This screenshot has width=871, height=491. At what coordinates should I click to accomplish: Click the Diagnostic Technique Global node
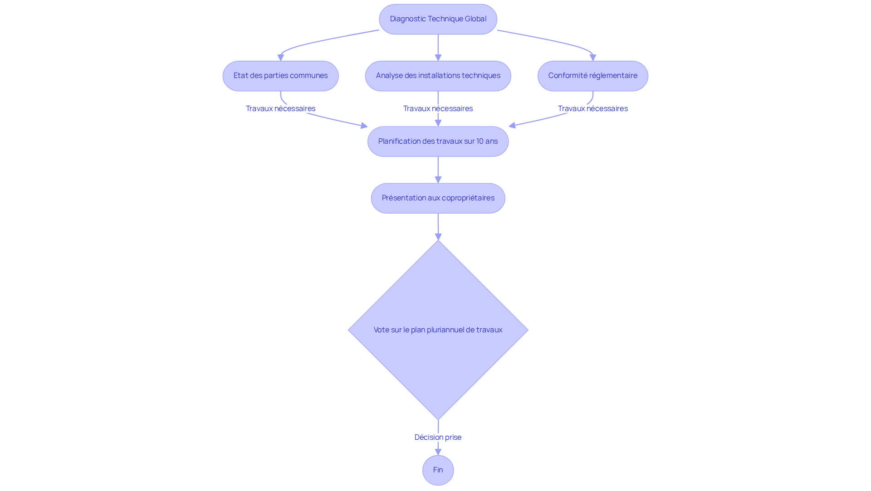pos(438,19)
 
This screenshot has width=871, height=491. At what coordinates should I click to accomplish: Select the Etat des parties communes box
pos(280,76)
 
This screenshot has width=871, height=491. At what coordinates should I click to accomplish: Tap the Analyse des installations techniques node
pos(438,76)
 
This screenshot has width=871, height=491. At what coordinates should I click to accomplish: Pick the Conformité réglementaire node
pos(592,76)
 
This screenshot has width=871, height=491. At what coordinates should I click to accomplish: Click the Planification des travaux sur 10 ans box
pos(438,141)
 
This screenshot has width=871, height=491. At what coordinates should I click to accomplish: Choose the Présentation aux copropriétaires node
pos(438,198)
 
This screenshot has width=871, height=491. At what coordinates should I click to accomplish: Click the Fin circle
pos(438,470)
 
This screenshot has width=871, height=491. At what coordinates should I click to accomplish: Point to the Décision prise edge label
pos(438,437)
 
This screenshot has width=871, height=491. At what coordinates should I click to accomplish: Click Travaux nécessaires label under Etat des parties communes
pos(280,108)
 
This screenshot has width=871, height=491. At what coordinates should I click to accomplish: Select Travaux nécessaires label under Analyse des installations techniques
pos(438,108)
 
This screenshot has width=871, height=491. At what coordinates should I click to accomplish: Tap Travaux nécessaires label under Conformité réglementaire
pos(592,108)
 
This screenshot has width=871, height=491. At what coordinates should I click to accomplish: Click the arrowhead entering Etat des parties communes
pos(281,58)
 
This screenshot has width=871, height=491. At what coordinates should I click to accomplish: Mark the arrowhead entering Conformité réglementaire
pos(592,58)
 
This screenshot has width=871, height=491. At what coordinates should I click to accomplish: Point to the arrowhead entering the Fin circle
pos(438,452)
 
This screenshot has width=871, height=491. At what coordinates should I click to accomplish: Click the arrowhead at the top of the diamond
pos(438,237)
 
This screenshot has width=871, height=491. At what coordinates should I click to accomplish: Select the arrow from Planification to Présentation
pos(438,170)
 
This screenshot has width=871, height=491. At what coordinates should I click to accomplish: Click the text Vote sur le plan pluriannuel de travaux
pos(438,330)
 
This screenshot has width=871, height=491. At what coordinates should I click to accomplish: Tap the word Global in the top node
pos(475,19)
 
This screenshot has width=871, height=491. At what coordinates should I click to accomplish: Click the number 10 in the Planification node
pos(480,141)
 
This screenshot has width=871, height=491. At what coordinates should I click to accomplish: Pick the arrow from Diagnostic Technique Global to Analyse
pos(438,48)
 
